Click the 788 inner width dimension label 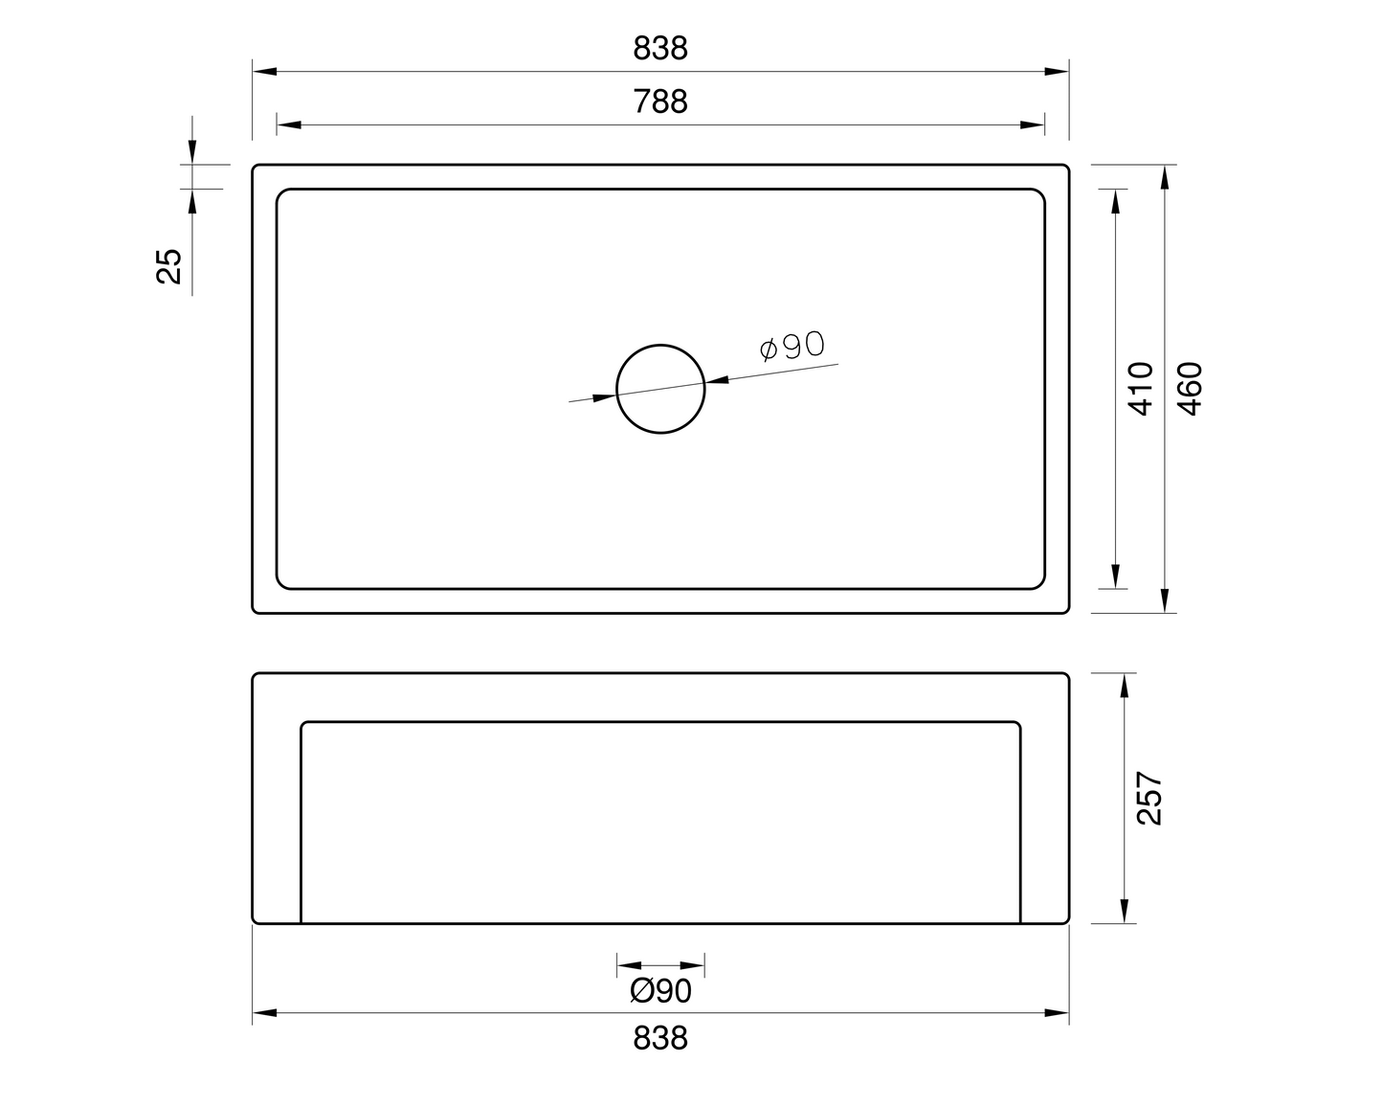[x=660, y=102]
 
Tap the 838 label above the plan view [x=660, y=48]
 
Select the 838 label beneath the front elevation [x=660, y=1038]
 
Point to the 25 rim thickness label [x=169, y=266]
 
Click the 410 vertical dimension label [x=1141, y=389]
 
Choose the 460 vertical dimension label [x=1190, y=389]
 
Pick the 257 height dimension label [x=1149, y=799]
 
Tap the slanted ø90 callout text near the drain [x=792, y=346]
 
